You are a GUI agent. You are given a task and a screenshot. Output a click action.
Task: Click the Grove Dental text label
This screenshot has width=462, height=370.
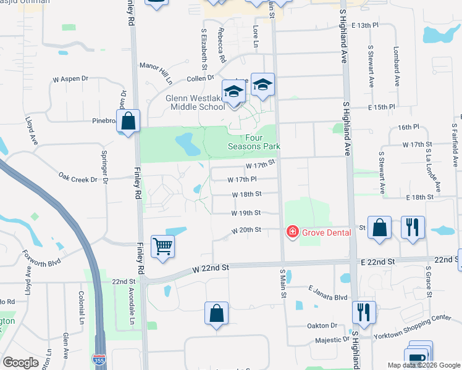click(x=327, y=232)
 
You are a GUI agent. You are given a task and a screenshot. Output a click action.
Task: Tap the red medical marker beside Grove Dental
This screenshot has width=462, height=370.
click(x=292, y=232)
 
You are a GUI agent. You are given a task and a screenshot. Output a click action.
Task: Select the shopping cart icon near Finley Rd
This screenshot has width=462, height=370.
click(x=162, y=247)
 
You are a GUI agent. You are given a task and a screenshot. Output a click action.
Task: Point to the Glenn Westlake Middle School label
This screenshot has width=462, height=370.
click(x=195, y=102)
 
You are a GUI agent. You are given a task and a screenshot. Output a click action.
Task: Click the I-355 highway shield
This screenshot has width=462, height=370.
click(x=98, y=358)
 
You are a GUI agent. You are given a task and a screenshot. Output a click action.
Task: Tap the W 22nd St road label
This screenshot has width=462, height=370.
click(x=211, y=268)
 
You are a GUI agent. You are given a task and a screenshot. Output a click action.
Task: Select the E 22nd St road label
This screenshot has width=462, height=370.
click(x=379, y=262)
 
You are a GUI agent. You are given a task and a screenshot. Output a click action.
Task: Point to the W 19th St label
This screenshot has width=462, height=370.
click(x=246, y=213)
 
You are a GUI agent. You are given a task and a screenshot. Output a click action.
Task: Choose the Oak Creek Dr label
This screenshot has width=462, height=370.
click(x=78, y=179)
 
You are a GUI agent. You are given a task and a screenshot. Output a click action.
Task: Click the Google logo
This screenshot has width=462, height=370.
click(x=20, y=362)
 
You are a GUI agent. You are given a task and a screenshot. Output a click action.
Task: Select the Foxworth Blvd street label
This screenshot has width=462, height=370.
click(x=43, y=260)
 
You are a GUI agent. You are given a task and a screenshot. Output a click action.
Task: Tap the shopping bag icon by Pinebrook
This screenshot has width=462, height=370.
click(x=128, y=120)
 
